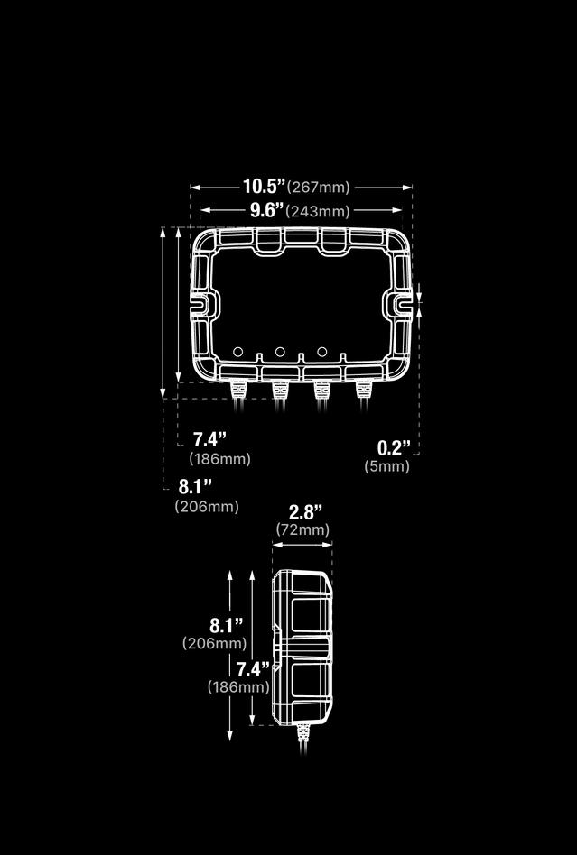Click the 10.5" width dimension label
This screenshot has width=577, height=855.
pyautogui.click(x=263, y=187)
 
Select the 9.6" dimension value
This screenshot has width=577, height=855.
pyautogui.click(x=266, y=210)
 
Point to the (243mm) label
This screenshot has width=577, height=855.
pyautogui.click(x=318, y=211)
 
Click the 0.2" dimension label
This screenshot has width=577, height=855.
pyautogui.click(x=393, y=447)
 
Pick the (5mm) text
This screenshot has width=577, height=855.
pyautogui.click(x=386, y=466)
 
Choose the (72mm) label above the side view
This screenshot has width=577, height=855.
pyautogui.click(x=302, y=529)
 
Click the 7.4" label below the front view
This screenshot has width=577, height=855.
pyautogui.click(x=209, y=439)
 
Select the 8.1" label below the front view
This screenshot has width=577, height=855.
pyautogui.click(x=195, y=487)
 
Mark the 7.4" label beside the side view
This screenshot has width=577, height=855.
pyautogui.click(x=253, y=669)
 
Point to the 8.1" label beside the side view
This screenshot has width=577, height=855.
pyautogui.click(x=226, y=625)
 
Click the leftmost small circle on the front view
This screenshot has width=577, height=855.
pyautogui.click(x=237, y=352)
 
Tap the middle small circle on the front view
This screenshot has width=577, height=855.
pyautogui.click(x=280, y=351)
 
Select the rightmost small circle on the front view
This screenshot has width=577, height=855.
pyautogui.click(x=321, y=351)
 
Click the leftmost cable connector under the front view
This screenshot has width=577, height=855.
pyautogui.click(x=239, y=390)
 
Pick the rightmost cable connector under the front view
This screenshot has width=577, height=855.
pyautogui.click(x=363, y=390)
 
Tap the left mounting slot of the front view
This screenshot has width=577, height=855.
pyautogui.click(x=204, y=303)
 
